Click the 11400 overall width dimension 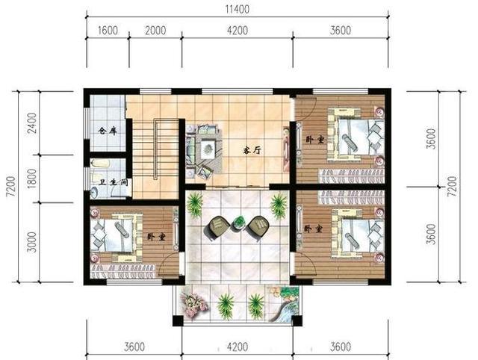point(238,10)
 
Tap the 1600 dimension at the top point(108,31)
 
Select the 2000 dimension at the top point(155,31)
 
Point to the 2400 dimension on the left point(31,122)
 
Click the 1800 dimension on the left point(31,179)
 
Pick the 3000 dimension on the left point(31,242)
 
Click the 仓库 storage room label point(108,131)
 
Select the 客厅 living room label point(252,150)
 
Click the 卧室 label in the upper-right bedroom point(315,140)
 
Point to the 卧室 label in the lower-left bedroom point(156,237)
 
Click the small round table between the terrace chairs point(239,223)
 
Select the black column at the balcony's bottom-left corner point(178,320)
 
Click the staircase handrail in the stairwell point(156,149)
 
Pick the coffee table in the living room point(208,149)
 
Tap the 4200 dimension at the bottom point(238,347)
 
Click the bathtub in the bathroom point(100,163)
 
